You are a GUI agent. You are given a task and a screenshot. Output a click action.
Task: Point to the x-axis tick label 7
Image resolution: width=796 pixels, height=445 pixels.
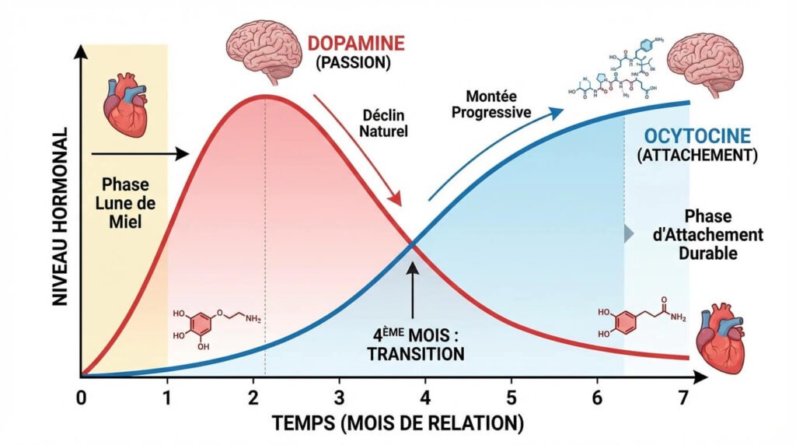(x=683, y=396)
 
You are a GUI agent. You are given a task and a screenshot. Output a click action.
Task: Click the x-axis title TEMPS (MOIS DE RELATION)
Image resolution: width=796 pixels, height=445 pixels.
(x=397, y=424)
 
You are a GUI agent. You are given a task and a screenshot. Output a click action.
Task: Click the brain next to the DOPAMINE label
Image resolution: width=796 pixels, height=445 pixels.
(x=264, y=49)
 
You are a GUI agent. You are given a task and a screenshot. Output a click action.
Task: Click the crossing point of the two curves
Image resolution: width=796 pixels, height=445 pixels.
(x=412, y=247)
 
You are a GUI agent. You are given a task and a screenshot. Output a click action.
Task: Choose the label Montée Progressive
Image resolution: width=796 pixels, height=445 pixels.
(x=498, y=103)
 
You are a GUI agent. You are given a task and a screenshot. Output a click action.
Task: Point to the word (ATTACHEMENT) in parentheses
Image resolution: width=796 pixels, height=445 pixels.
(x=696, y=156)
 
